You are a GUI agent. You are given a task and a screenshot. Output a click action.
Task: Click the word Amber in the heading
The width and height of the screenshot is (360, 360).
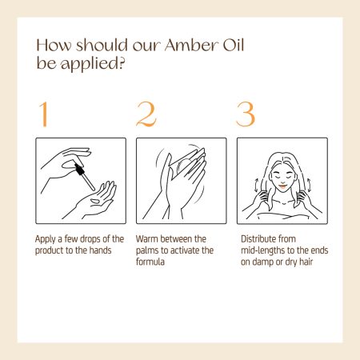[x=191, y=45]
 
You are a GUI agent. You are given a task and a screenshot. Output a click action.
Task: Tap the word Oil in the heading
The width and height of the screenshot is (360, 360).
[x=234, y=45]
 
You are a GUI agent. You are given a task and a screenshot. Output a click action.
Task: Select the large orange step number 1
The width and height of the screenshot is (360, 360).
[x=44, y=114]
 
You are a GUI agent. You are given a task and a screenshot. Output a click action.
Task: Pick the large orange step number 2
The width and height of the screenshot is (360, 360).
[x=146, y=114]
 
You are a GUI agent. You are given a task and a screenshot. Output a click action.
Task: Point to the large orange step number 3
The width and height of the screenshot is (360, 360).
[x=246, y=114]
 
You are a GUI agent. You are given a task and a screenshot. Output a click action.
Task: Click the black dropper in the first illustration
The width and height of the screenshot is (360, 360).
[x=84, y=176]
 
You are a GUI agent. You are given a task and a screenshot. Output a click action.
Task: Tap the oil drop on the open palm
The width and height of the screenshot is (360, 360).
[x=94, y=201]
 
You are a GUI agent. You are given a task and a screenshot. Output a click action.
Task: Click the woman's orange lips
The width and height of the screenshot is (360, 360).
[x=282, y=186]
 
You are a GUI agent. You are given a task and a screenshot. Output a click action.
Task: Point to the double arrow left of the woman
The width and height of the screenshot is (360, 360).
[x=256, y=185]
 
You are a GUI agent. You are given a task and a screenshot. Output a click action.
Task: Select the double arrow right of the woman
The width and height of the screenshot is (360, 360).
[x=309, y=185]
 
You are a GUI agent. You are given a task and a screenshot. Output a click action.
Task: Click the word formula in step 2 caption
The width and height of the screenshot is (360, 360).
[x=150, y=262]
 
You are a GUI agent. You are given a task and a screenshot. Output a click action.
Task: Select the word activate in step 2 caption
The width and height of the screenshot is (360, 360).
[x=185, y=250]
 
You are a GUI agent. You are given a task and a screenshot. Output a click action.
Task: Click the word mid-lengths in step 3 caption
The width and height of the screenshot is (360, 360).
[x=262, y=250]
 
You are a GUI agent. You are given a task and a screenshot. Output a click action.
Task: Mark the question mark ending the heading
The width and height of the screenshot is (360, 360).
[x=122, y=63]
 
